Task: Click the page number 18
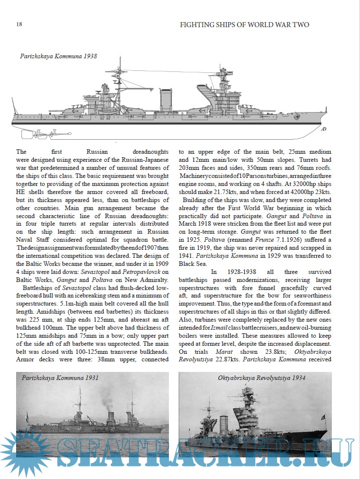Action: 19,24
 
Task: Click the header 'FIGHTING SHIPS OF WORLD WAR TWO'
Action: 244,24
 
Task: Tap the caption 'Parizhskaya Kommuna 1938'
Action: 58,57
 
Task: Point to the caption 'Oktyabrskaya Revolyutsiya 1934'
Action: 261,377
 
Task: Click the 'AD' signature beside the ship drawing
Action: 323,129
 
